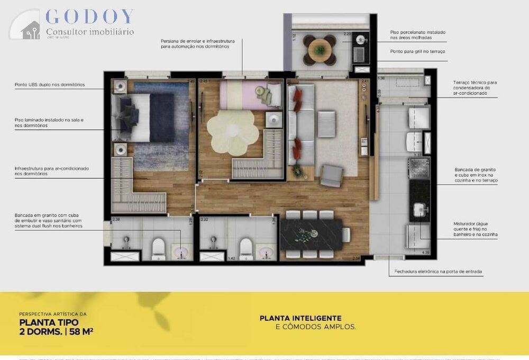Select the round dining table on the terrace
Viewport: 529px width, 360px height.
click(x=320, y=50)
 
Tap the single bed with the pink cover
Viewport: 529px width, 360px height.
click(x=249, y=94)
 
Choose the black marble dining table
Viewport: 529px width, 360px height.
click(x=314, y=234)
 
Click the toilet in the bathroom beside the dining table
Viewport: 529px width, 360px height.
click(x=245, y=248)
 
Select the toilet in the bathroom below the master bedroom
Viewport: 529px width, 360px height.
click(x=159, y=249)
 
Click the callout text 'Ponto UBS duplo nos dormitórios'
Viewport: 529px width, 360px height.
click(x=50, y=85)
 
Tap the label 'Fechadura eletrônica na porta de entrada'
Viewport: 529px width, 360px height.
click(x=438, y=272)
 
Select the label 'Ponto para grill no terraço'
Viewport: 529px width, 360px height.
click(x=418, y=51)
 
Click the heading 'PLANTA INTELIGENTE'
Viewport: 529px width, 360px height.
click(x=300, y=318)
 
